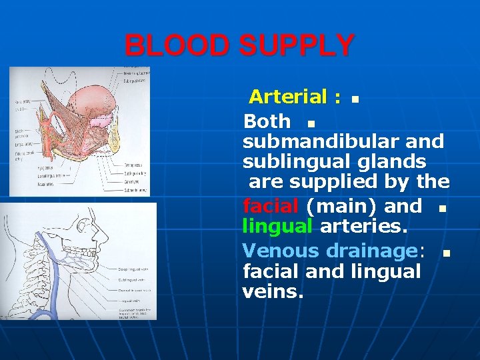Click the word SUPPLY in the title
tap(297, 46)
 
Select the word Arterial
tap(288, 97)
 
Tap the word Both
tap(267, 121)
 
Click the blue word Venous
tap(281, 251)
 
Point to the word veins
tap(273, 291)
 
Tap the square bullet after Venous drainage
tap(446, 253)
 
